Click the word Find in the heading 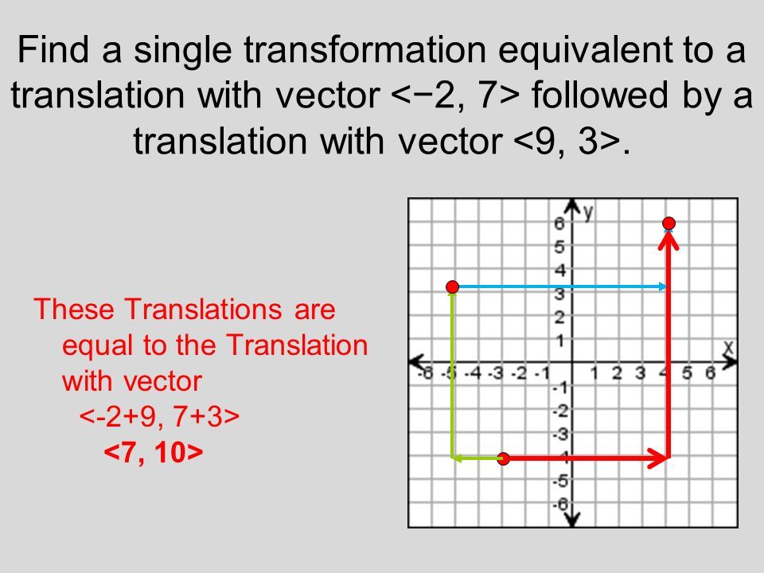tap(53, 49)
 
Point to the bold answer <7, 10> tap(154, 452)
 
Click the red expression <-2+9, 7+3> tap(159, 416)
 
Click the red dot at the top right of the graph tap(669, 223)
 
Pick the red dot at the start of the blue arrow tap(453, 286)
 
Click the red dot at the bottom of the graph tap(503, 458)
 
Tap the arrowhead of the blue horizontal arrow tap(663, 286)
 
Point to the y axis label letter tap(589, 213)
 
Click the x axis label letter tap(728, 347)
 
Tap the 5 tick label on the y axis tap(559, 247)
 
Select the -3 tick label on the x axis tap(496, 374)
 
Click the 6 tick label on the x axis tap(711, 373)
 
